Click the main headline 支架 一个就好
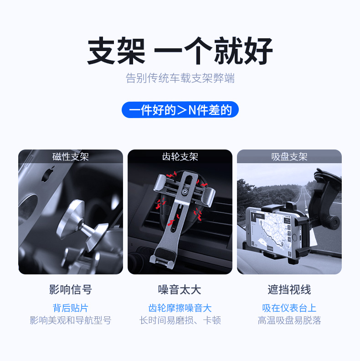(180, 51)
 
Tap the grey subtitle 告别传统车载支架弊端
(180, 78)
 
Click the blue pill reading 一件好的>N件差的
(180, 109)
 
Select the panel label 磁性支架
(71, 157)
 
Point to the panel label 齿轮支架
(180, 157)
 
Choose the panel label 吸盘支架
(289, 157)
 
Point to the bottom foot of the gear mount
(162, 258)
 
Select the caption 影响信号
(71, 289)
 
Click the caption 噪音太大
(180, 289)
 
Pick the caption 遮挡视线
(289, 289)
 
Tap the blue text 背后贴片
(71, 308)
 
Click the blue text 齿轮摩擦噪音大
(180, 308)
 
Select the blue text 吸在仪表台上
(289, 308)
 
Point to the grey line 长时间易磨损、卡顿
(180, 320)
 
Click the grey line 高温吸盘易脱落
(289, 320)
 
